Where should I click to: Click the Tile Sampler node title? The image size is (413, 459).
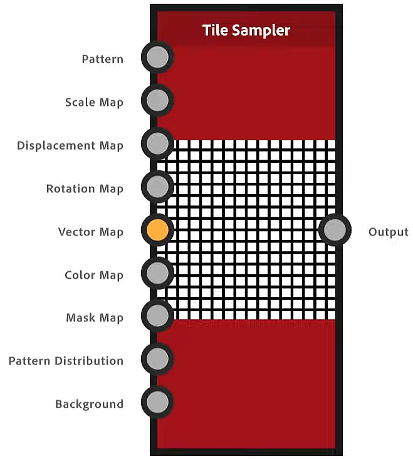coord(246,30)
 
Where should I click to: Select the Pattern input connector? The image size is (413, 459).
coord(157,58)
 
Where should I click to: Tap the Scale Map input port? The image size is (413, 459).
coord(157,100)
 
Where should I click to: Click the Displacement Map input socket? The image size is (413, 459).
coord(157,144)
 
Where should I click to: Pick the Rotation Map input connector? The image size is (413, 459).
coord(157,187)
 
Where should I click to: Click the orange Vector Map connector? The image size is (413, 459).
coord(157,230)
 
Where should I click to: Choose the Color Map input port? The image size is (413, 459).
coord(157,272)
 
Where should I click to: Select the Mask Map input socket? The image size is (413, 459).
coord(157,316)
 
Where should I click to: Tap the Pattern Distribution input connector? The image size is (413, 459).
coord(157,359)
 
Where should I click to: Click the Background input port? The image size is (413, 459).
coord(157,401)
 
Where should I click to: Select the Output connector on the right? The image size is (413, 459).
coord(335,230)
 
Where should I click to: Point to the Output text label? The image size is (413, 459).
coord(388,232)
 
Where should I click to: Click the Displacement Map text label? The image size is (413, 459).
coord(70,146)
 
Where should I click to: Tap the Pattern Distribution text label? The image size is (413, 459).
coord(66,361)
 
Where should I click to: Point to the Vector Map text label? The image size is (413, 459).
coord(91,232)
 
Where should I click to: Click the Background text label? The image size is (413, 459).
coord(89,405)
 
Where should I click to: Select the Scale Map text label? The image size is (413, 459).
coord(94,103)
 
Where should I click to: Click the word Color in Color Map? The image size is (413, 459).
coord(78,276)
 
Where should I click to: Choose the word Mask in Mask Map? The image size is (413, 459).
coord(80,318)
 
